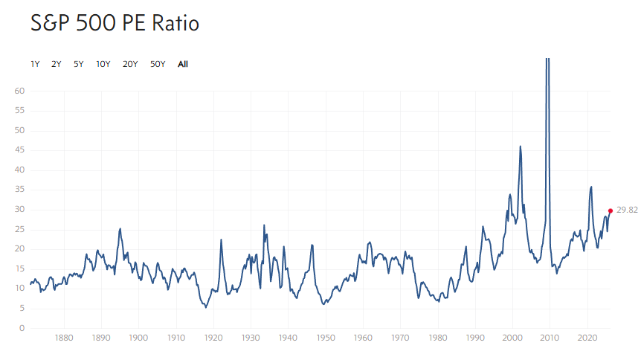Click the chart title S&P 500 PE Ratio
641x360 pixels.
[115, 24]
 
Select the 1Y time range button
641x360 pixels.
[35, 64]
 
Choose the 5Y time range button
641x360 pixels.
[78, 64]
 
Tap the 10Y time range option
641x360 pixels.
[103, 64]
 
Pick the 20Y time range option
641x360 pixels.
[130, 64]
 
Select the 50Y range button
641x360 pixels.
[158, 64]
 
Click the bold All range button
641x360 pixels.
[183, 64]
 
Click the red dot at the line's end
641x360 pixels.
[611, 210]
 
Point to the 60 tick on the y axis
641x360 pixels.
[20, 91]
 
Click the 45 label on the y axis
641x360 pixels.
[20, 150]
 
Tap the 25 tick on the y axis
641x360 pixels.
[20, 229]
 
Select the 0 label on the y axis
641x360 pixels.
[22, 328]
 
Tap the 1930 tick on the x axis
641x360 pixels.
[251, 337]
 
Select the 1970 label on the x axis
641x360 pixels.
[401, 337]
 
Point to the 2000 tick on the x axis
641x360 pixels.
[513, 337]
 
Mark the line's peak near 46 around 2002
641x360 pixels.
[520, 147]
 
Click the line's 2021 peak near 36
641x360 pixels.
[591, 187]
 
